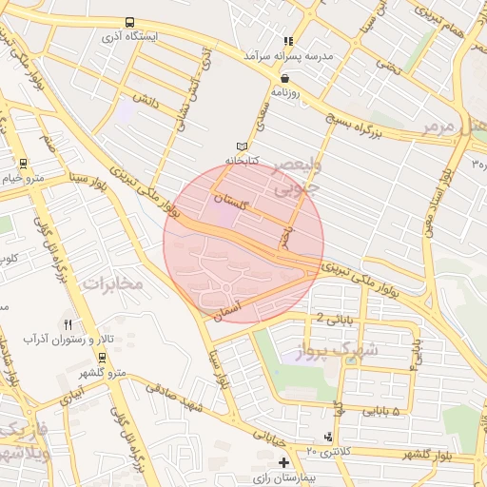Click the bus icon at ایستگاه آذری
pos(129,23)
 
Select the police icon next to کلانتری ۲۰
pos(328,437)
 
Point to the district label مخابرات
pos(111,282)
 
